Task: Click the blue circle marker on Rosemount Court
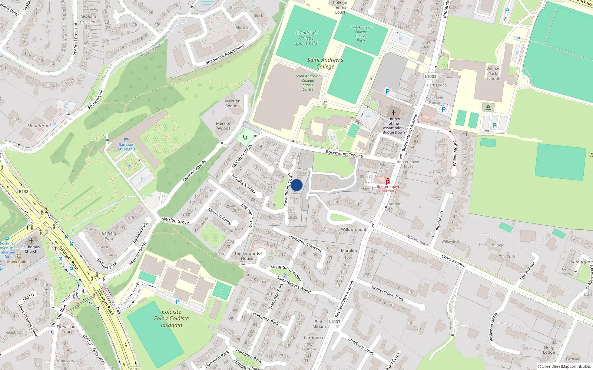(x=296, y=185)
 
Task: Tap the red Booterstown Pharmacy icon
(x=388, y=181)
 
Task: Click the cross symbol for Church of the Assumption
(x=394, y=112)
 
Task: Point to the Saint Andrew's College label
(x=325, y=63)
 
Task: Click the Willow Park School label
(x=493, y=74)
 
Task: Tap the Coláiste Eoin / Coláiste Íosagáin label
(x=171, y=319)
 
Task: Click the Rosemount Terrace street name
(x=344, y=154)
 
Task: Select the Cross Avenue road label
(x=454, y=261)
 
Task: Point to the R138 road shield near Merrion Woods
(x=24, y=191)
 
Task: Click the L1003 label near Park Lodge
(x=431, y=77)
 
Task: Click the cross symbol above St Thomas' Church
(x=31, y=241)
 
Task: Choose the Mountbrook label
(x=39, y=126)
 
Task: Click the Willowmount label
(x=354, y=229)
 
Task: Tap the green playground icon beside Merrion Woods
(x=245, y=137)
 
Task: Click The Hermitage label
(x=491, y=245)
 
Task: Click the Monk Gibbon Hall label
(x=19, y=264)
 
